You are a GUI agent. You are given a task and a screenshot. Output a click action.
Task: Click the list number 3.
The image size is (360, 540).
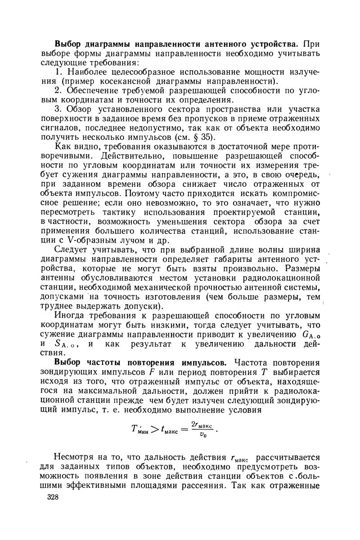coord(57,109)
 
